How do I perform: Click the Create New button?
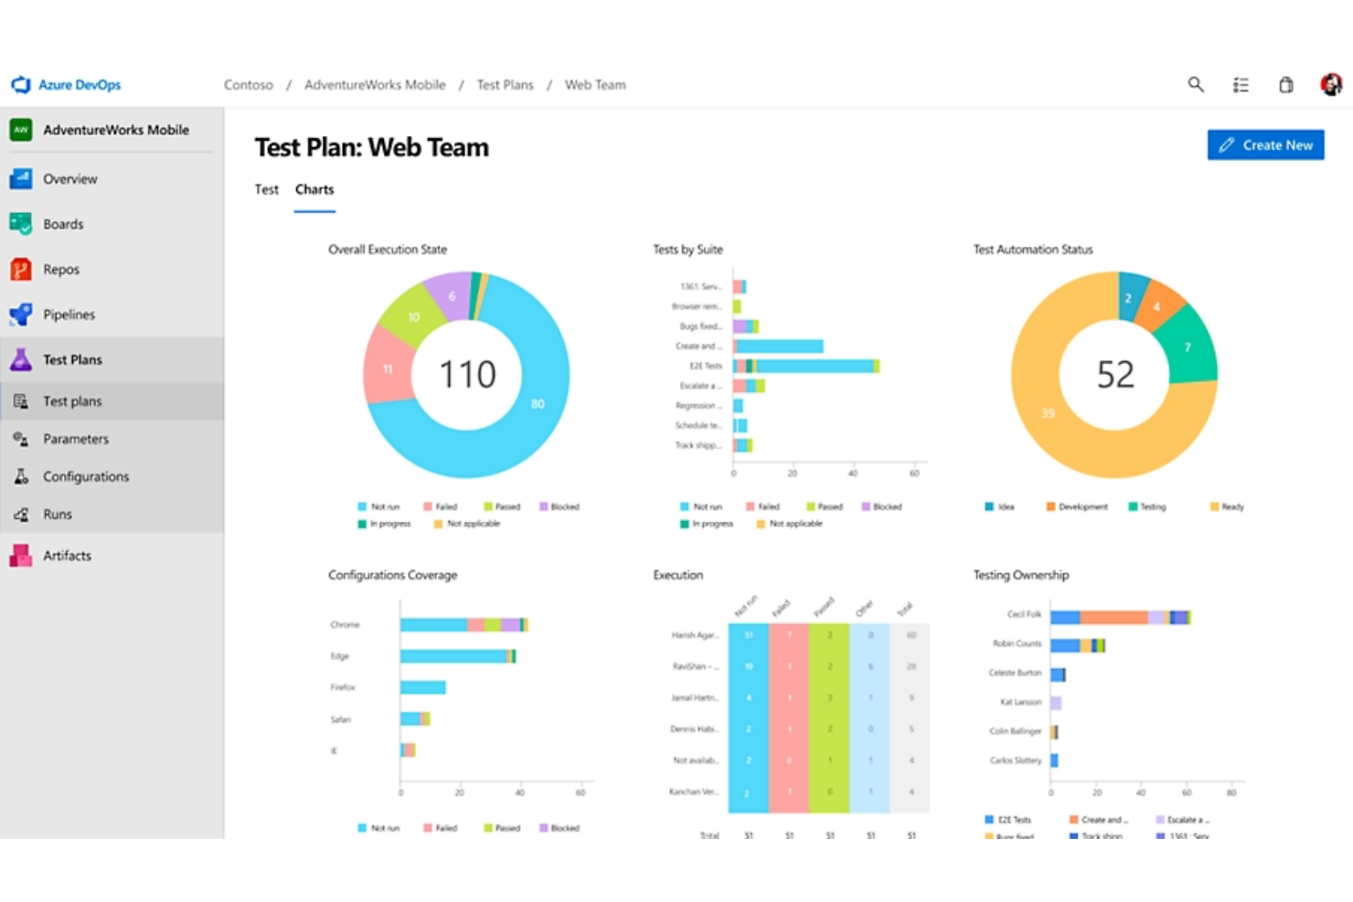1265,144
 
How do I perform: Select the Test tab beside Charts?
266,189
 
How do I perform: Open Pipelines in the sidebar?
69,314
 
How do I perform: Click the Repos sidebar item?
60,270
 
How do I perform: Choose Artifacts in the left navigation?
67,556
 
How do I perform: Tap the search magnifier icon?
1195,85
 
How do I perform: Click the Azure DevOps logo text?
79,85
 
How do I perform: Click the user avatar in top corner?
1330,85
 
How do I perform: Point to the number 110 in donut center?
467,375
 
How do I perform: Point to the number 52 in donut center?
1114,375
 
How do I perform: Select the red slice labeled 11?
388,368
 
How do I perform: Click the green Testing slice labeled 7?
1187,346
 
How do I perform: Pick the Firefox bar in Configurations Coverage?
422,687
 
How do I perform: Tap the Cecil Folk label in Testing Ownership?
1023,614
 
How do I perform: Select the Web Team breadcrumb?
594,85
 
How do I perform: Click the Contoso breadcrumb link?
248,85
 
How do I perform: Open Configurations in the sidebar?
86,477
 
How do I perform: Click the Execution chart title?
677,575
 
